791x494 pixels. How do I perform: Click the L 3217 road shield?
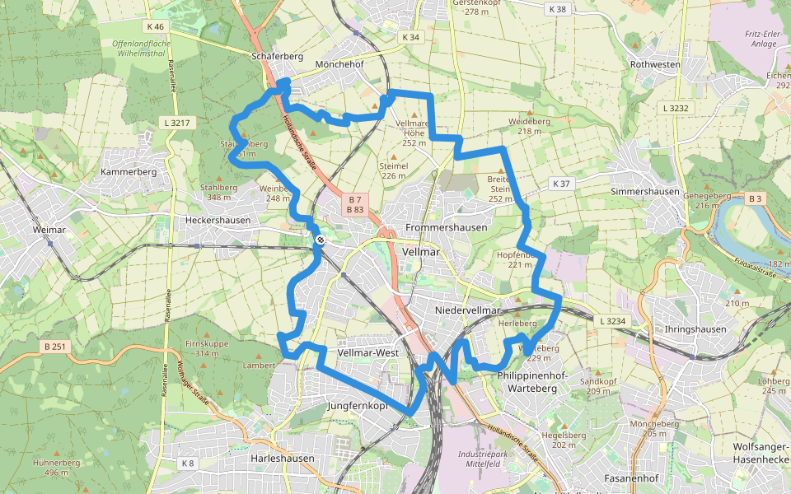coord(175,123)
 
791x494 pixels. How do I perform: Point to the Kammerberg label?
coord(128,171)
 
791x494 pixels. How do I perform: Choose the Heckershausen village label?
coord(217,221)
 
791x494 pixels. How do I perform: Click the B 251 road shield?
coord(54,347)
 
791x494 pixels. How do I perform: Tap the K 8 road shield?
coord(188,464)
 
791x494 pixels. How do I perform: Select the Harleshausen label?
coord(281,458)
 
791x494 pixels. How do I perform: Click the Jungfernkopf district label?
coord(358,406)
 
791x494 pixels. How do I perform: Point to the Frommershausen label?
coord(447,227)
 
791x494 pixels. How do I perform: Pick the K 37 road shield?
coord(561,183)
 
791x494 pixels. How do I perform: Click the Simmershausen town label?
coord(645,192)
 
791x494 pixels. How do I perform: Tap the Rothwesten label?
coord(655,64)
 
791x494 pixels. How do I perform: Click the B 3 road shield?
coord(756,198)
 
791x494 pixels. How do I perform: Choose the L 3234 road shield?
coord(614,320)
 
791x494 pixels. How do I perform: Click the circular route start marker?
coord(320,240)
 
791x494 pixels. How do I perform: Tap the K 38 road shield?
coord(557,9)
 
